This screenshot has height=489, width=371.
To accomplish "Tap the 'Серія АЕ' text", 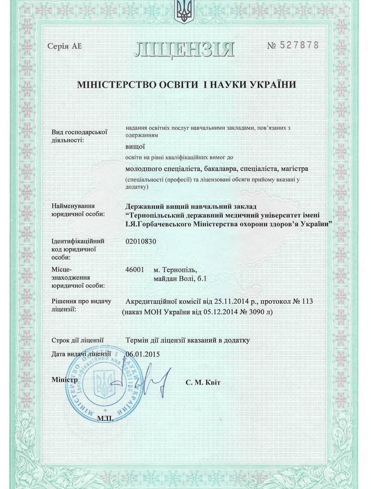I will pos(65,46).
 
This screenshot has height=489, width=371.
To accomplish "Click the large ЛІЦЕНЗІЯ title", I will pos(185,48).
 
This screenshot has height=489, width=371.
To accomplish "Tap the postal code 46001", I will pos(135,270).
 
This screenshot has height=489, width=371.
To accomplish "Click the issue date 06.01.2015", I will pos(143,354).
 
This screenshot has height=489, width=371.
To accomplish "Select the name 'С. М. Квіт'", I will pos(202,383).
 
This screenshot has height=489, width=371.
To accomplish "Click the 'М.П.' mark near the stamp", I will pos(105,418).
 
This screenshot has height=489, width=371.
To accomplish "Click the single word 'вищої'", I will pos(135,147).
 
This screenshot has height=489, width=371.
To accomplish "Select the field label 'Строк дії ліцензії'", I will pos(77,341).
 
